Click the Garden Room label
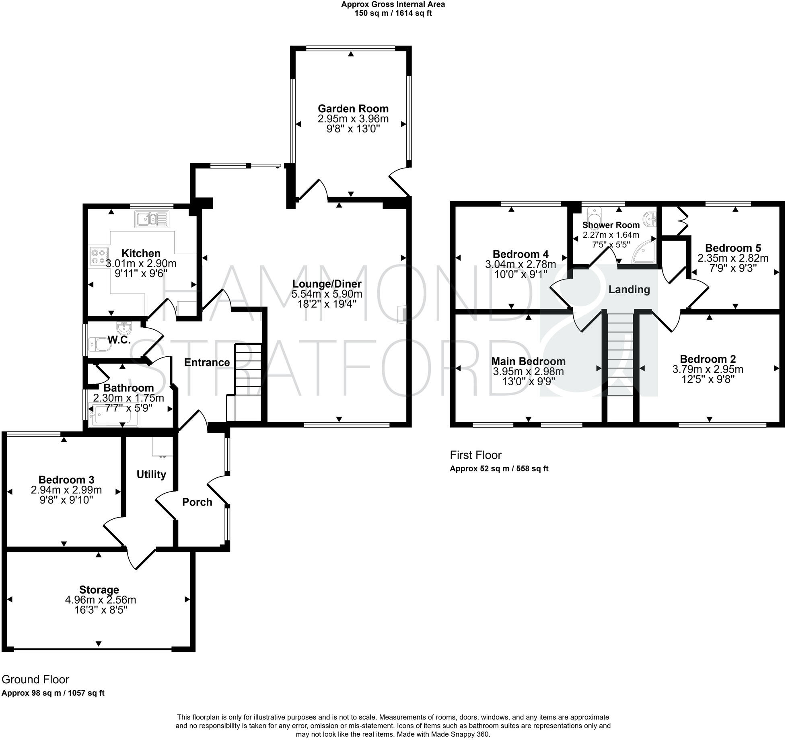[353, 109]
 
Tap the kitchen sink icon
[152, 219]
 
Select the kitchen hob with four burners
[99, 256]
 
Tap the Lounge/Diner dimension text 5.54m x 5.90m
[327, 294]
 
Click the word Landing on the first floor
[629, 290]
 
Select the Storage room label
[99, 590]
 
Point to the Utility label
[151, 475]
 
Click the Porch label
[197, 502]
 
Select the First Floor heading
[476, 455]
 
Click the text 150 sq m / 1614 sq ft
[393, 13]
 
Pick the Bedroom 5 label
[733, 248]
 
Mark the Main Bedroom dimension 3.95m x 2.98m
[529, 371]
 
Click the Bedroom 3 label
[66, 480]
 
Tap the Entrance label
[207, 362]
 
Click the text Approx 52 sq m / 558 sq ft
[499, 469]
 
